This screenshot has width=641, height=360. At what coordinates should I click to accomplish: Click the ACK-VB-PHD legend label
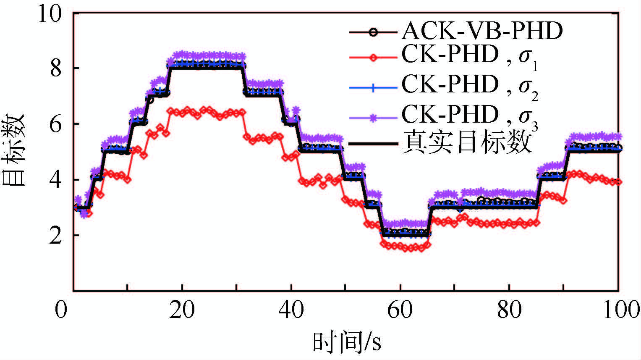coord(482,31)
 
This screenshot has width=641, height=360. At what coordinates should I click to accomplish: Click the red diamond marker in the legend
coord(373,58)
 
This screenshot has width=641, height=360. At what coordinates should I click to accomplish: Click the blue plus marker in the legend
coord(373,88)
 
